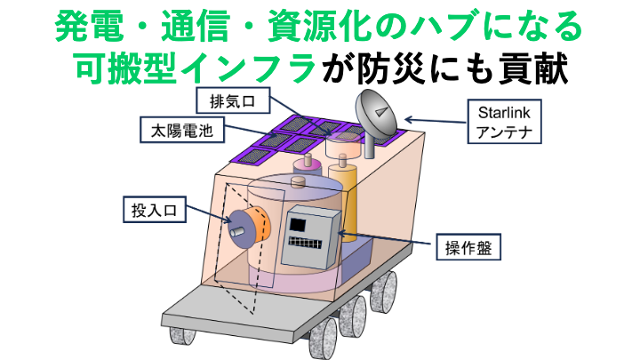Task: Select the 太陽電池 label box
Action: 181,132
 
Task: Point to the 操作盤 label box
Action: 465,244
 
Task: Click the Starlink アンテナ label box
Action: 503,123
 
